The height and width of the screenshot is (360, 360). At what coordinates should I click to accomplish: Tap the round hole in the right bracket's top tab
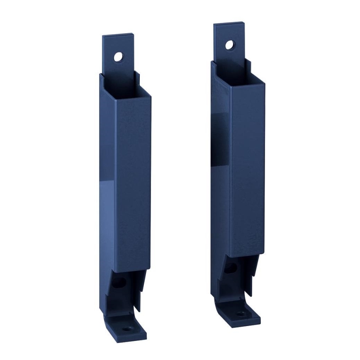click(229, 45)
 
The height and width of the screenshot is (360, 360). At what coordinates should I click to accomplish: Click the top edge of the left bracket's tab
click(118, 35)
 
